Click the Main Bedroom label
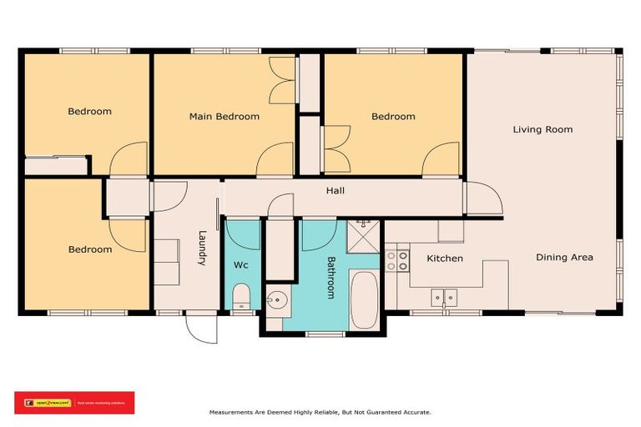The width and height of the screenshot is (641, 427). tap(224, 117)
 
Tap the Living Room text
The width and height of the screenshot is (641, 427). tap(543, 129)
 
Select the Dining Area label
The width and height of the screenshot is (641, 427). tap(564, 258)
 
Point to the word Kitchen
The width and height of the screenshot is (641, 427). tap(445, 259)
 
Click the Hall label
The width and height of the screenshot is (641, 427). tap(335, 191)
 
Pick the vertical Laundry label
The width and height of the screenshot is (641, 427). tap(202, 248)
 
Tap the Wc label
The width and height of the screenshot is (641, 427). tap(240, 265)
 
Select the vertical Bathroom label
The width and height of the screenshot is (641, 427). tap(330, 277)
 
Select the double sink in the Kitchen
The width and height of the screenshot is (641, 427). tap(443, 296)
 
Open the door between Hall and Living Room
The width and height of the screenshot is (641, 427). tap(483, 199)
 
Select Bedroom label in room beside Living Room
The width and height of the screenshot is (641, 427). tap(393, 117)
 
